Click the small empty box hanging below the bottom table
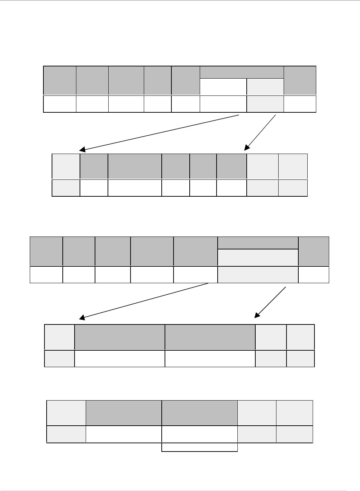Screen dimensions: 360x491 [200, 447]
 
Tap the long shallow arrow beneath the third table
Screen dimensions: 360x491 [143, 300]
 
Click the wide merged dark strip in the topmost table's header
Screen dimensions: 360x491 [242, 72]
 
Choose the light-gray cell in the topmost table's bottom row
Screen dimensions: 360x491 [265, 104]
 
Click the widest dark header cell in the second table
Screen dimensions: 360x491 [135, 167]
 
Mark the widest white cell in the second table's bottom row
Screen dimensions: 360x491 [135, 188]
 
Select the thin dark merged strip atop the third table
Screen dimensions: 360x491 [258, 243]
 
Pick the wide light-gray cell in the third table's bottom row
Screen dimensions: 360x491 [258, 275]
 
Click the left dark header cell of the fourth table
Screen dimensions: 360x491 [120, 337]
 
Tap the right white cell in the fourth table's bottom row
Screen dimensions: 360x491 [210, 359]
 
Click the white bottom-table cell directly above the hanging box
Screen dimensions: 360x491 [199, 434]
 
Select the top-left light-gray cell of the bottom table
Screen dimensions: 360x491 [66, 413]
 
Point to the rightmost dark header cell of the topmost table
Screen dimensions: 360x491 [300, 80]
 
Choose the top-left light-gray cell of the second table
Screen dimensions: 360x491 [66, 167]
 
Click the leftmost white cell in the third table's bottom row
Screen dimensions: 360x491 [46, 275]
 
